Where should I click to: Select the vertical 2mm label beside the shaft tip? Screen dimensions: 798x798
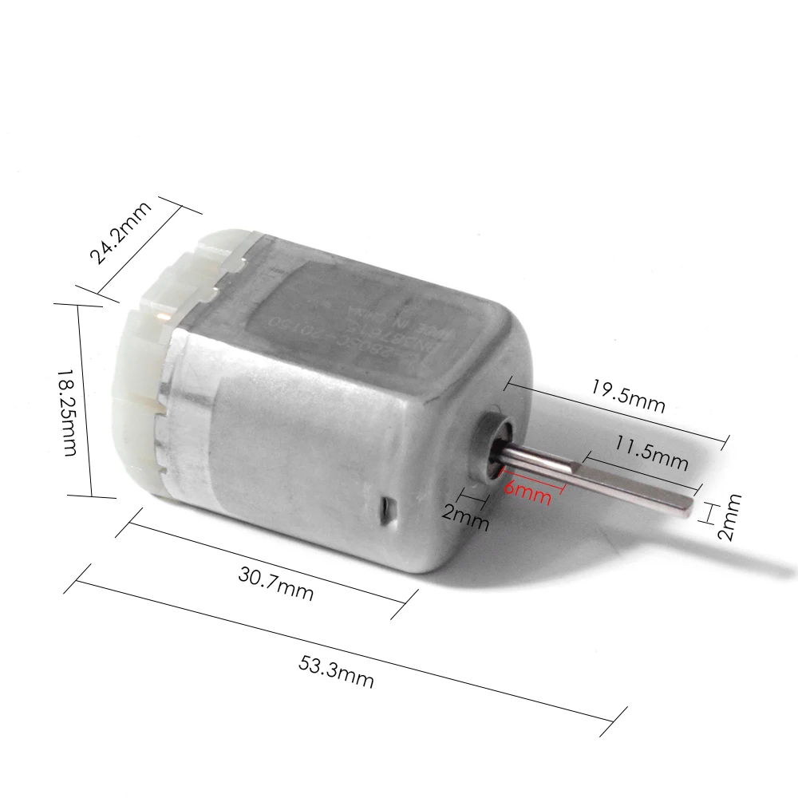coord(729,517)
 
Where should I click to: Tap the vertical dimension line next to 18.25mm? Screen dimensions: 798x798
coord(85,399)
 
